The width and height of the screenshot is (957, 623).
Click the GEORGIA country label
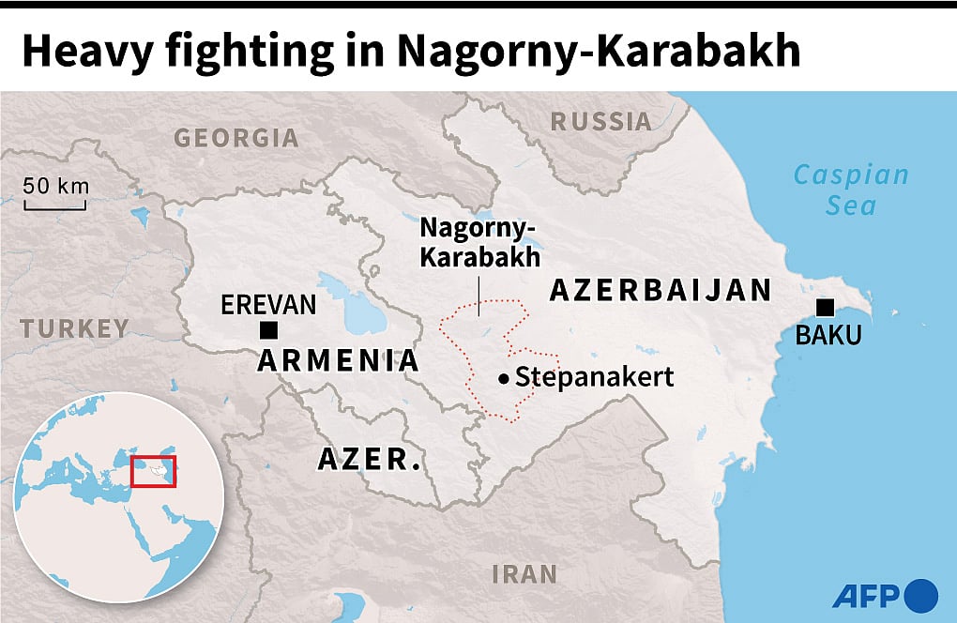(x=236, y=138)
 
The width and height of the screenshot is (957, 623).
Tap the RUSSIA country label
(x=600, y=120)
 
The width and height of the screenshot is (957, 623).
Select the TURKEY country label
(x=75, y=328)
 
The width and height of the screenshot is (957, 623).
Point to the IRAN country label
(x=524, y=573)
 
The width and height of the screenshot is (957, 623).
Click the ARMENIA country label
(x=338, y=360)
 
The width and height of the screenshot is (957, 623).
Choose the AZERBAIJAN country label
(x=661, y=290)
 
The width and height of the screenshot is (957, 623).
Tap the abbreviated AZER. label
(x=369, y=460)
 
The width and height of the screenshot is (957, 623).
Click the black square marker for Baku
(x=826, y=307)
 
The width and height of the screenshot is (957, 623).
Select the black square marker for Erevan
(x=268, y=329)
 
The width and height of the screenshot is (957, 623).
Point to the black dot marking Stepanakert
(x=504, y=378)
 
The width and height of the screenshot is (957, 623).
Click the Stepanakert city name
(x=595, y=377)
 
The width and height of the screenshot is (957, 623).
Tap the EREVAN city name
(x=268, y=305)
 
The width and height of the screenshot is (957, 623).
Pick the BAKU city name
(x=828, y=336)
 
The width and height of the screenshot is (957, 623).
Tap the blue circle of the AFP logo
(x=921, y=595)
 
